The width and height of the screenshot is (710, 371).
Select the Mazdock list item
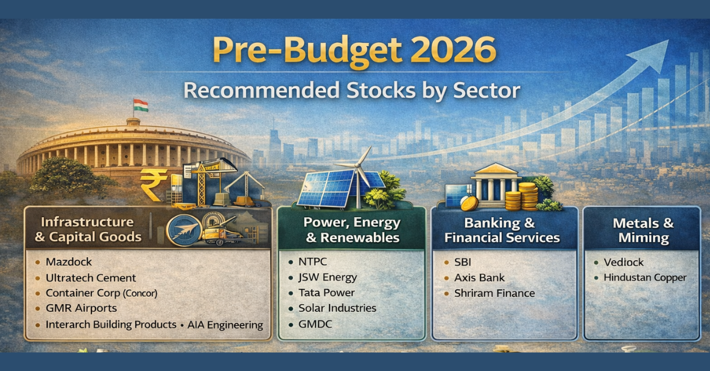[x=69, y=262]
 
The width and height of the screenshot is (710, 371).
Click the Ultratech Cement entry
[x=91, y=278]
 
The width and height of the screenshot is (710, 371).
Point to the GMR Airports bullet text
[x=81, y=309]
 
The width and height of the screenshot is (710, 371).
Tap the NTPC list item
[x=314, y=262]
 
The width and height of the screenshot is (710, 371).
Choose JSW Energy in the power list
[x=328, y=277]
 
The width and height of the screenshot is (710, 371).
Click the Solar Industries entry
[x=337, y=308]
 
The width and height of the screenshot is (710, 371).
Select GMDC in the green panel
[x=315, y=325]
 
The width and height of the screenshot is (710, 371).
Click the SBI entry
[x=463, y=262]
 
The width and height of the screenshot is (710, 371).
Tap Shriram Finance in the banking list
[x=494, y=293]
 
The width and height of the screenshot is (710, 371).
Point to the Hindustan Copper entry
[x=645, y=277]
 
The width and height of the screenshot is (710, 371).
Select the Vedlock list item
[x=624, y=262]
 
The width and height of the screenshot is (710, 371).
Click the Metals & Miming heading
[x=643, y=230]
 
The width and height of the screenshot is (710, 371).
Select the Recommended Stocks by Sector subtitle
[x=352, y=91]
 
